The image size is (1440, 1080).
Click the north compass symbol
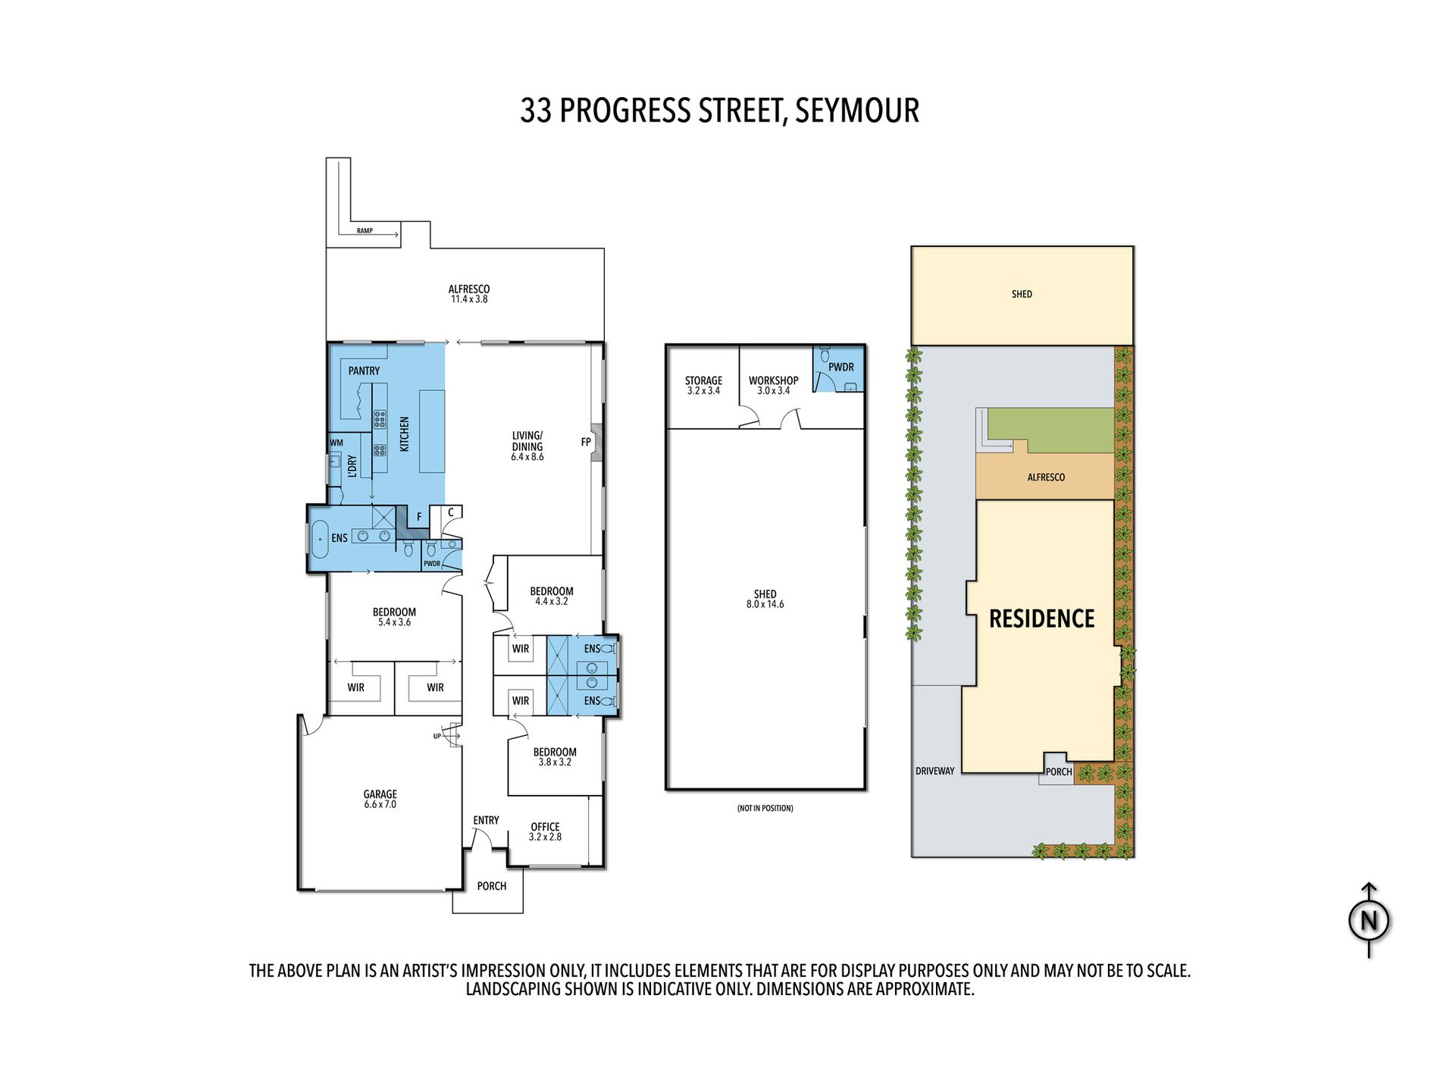pyautogui.click(x=1369, y=920)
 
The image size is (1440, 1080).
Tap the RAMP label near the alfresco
pyautogui.click(x=365, y=230)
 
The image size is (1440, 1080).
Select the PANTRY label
pyautogui.click(x=364, y=371)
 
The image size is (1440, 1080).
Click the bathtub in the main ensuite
pyautogui.click(x=320, y=539)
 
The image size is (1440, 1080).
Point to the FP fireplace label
pyautogui.click(x=586, y=442)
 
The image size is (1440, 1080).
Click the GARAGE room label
pyautogui.click(x=380, y=794)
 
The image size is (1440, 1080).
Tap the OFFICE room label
pyautogui.click(x=545, y=827)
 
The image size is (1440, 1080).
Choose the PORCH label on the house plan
pyautogui.click(x=492, y=886)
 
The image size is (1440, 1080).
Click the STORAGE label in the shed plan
pyautogui.click(x=703, y=380)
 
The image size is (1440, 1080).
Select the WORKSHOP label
pyautogui.click(x=773, y=380)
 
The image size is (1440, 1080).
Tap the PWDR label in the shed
pyautogui.click(x=841, y=367)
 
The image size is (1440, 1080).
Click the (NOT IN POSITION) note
pyautogui.click(x=765, y=808)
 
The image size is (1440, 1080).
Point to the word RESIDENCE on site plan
pyautogui.click(x=1042, y=618)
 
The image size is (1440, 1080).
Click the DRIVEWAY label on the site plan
pyautogui.click(x=935, y=771)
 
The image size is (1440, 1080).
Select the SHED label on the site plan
pyautogui.click(x=1022, y=294)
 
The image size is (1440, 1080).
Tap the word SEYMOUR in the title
pyautogui.click(x=857, y=111)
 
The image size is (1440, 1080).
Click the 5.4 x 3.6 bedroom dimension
pyautogui.click(x=394, y=622)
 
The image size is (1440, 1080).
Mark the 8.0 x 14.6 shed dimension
pyautogui.click(x=765, y=604)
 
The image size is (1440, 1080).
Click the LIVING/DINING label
pyautogui.click(x=527, y=441)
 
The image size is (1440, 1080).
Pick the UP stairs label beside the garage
pyautogui.click(x=437, y=736)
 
